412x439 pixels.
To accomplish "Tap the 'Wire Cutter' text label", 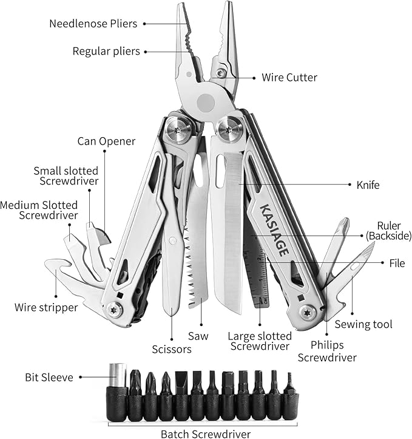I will click(289, 77).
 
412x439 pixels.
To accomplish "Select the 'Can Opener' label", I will click(106, 141).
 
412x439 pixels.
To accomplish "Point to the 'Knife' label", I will click(367, 185).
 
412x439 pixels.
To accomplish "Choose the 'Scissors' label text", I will click(172, 349).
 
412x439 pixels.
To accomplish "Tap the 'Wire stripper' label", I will click(46, 307).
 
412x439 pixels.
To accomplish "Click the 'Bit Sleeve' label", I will click(49, 377).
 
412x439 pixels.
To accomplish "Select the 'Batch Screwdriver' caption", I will click(205, 434).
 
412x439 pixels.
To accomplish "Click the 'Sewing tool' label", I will click(363, 324).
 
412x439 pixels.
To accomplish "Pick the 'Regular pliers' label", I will click(106, 51).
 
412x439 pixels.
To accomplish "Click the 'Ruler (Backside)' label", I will click(388, 230).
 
